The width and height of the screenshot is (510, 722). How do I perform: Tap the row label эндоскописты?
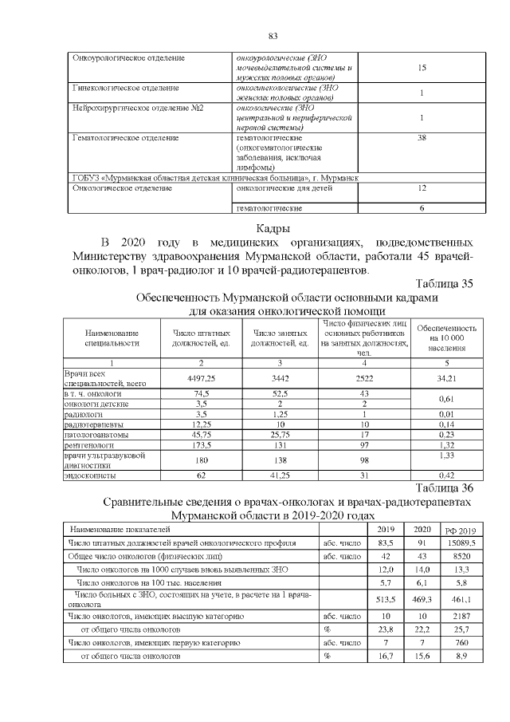(x=88, y=475)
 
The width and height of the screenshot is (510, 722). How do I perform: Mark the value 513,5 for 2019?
(x=386, y=598)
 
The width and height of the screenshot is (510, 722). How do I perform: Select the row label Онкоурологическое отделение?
(x=128, y=58)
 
